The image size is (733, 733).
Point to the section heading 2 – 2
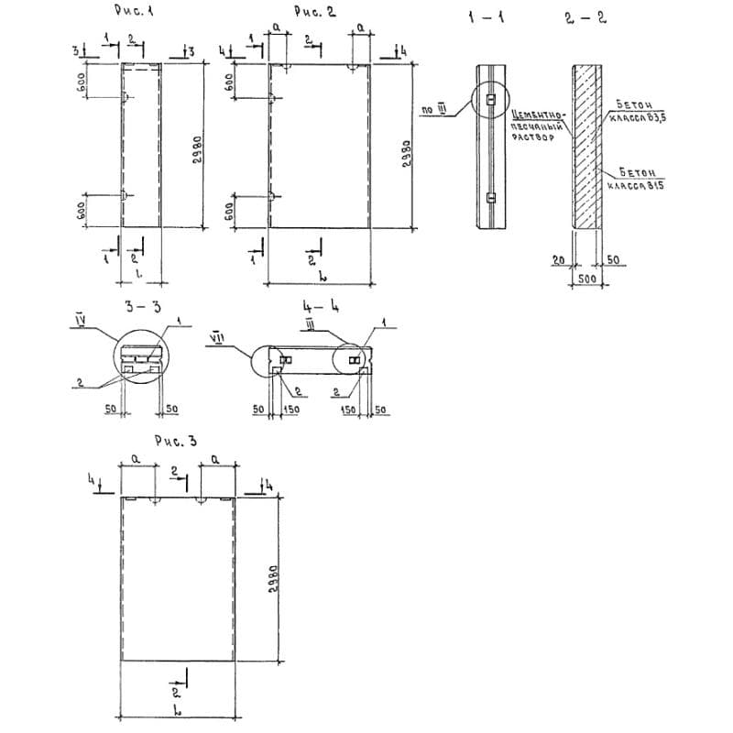click(586, 17)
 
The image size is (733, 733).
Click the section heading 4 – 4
click(318, 308)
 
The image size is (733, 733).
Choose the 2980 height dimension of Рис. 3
click(272, 578)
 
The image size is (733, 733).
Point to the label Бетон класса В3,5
click(632, 113)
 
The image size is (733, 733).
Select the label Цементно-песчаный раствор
click(537, 126)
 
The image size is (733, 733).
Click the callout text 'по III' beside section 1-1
click(432, 111)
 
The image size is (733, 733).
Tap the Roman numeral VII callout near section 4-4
click(218, 336)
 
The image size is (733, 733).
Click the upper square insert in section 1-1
click(491, 99)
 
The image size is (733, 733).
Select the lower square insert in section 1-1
click(491, 197)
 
